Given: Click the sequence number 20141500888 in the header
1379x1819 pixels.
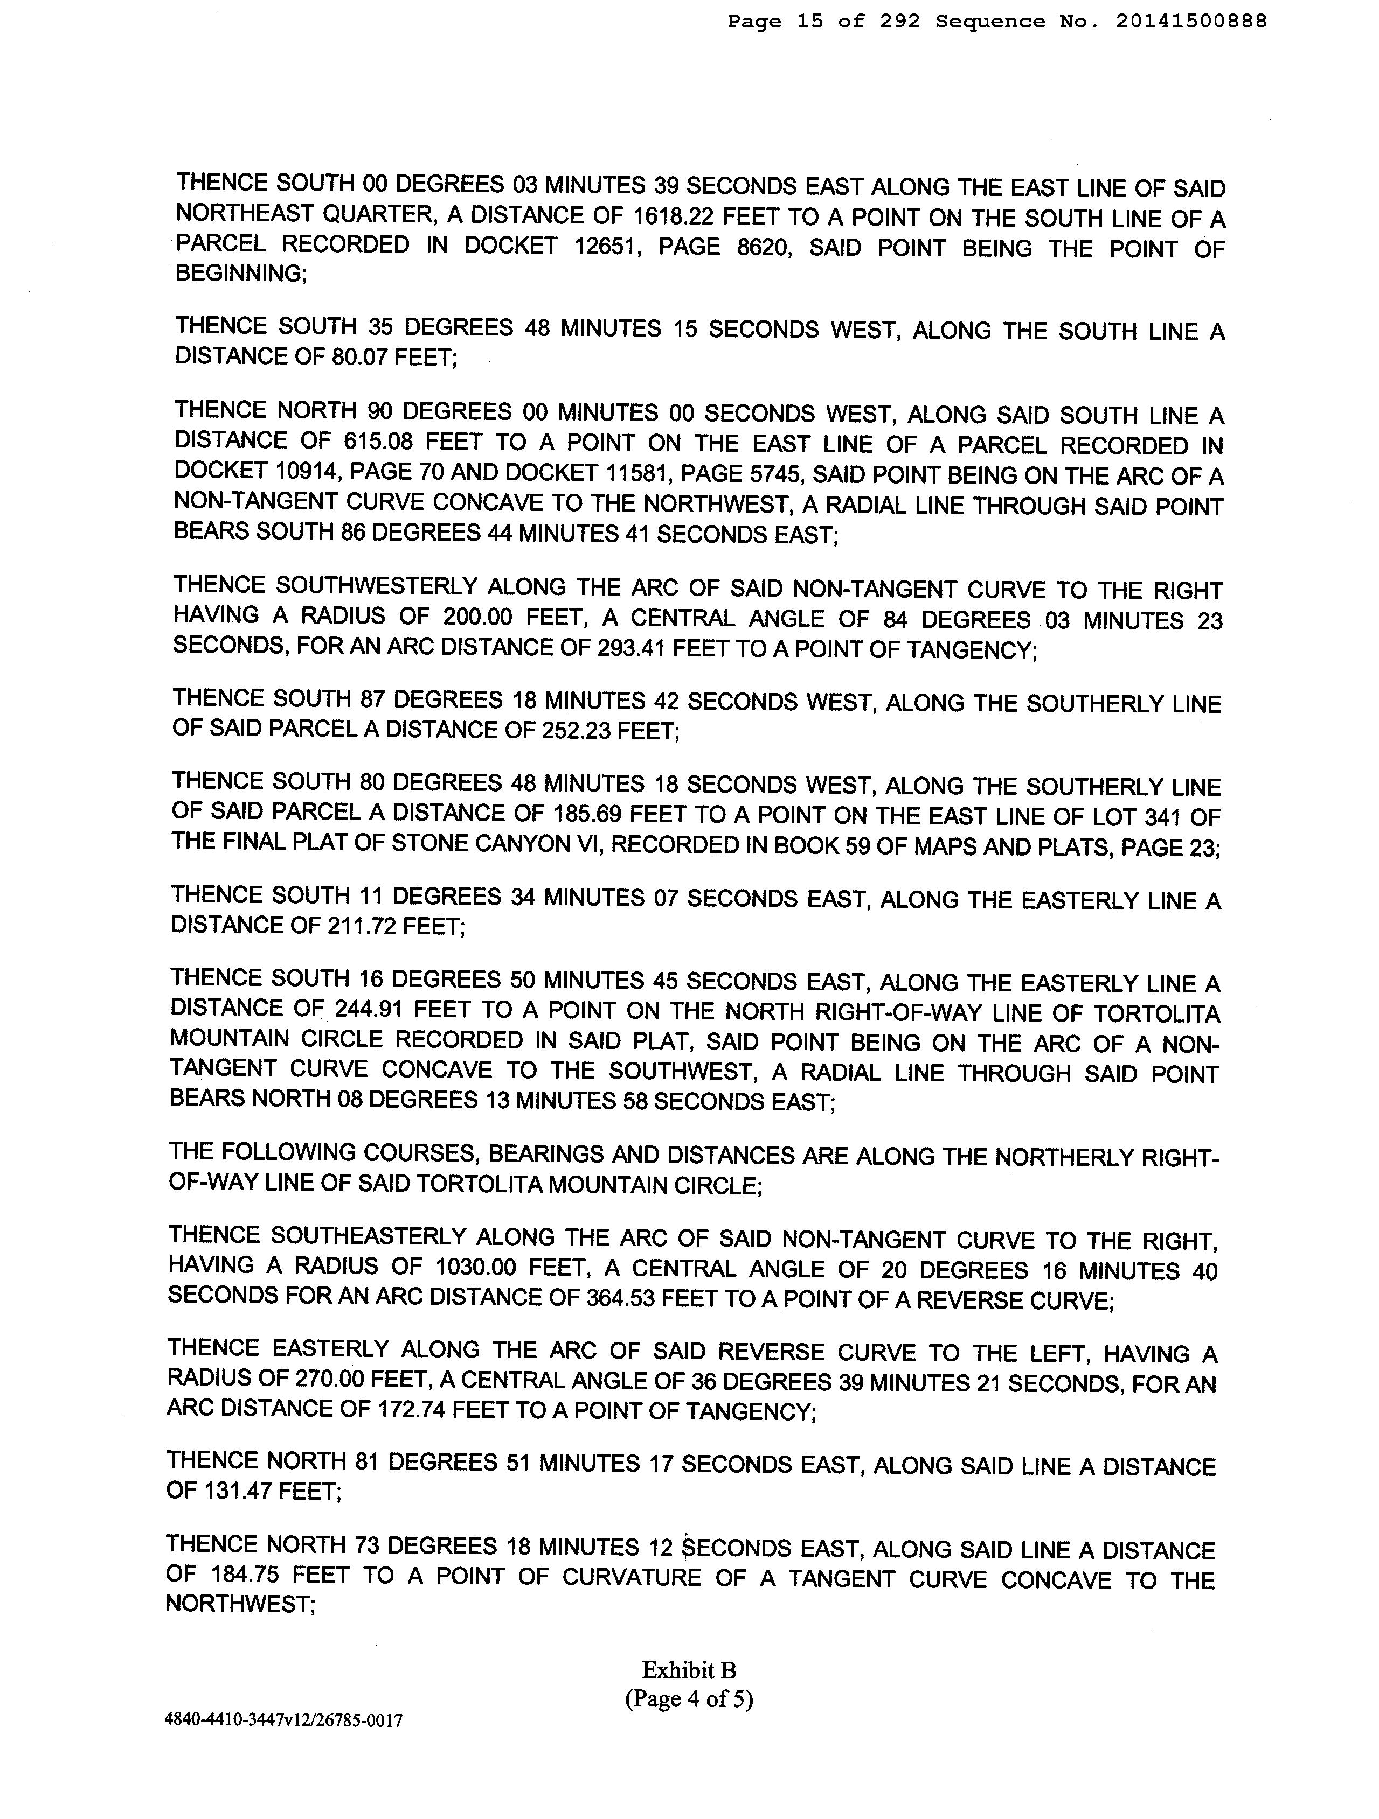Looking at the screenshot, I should tap(1191, 22).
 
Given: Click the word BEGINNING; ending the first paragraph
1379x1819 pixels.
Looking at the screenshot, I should tap(241, 274).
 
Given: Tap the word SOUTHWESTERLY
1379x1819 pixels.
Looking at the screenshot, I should tap(376, 587).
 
